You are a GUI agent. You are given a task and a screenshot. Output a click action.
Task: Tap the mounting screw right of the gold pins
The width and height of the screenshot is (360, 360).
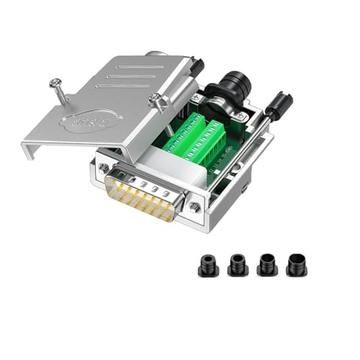coord(195,208)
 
